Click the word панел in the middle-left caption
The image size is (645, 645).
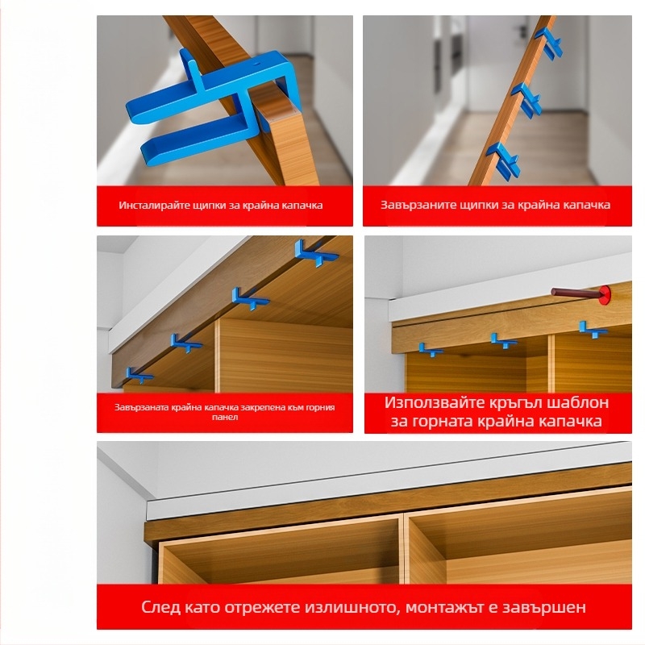pyautogui.click(x=225, y=417)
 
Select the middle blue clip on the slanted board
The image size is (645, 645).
pyautogui.click(x=527, y=99)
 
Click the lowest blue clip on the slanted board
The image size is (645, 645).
pyautogui.click(x=503, y=160)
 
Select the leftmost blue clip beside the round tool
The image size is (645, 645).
pyautogui.click(x=431, y=350)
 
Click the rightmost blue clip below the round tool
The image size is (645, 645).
pyautogui.click(x=593, y=330)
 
